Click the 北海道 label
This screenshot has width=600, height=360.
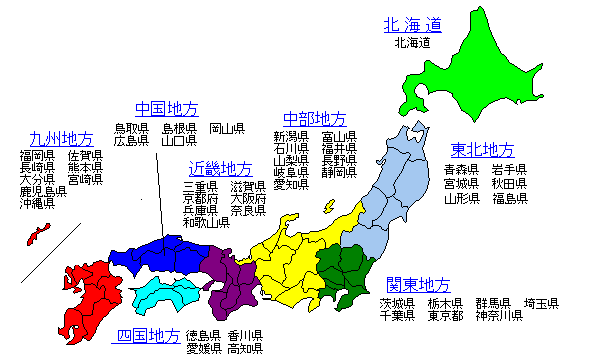tap(412, 25)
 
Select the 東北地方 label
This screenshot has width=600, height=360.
tap(482, 150)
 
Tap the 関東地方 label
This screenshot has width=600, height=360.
tap(419, 285)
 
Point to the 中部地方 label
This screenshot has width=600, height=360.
tap(315, 119)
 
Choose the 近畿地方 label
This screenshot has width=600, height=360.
tap(221, 169)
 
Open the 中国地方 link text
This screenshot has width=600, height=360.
tap(167, 109)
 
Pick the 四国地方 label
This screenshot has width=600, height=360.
tap(149, 335)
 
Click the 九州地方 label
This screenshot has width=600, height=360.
tap(62, 139)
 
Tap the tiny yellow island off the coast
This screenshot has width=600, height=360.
tap(328, 207)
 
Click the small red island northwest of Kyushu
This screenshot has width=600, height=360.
tap(37, 235)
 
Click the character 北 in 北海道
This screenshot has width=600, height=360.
tap(392, 25)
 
